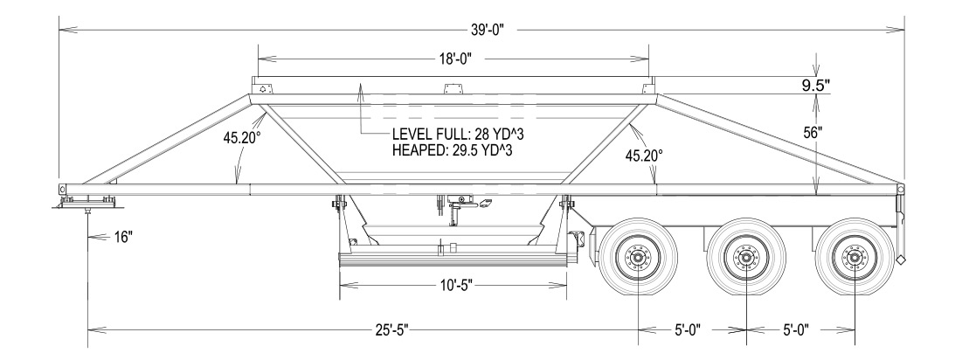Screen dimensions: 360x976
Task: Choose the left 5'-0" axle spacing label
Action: point(694,329)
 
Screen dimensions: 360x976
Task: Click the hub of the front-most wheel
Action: point(639,259)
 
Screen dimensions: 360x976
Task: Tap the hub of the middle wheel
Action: point(746,259)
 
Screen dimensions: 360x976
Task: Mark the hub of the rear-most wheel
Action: point(854,259)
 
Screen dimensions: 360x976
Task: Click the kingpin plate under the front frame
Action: point(87,203)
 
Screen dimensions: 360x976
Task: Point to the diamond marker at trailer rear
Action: point(901,260)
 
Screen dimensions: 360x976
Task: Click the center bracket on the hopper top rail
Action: point(452,87)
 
